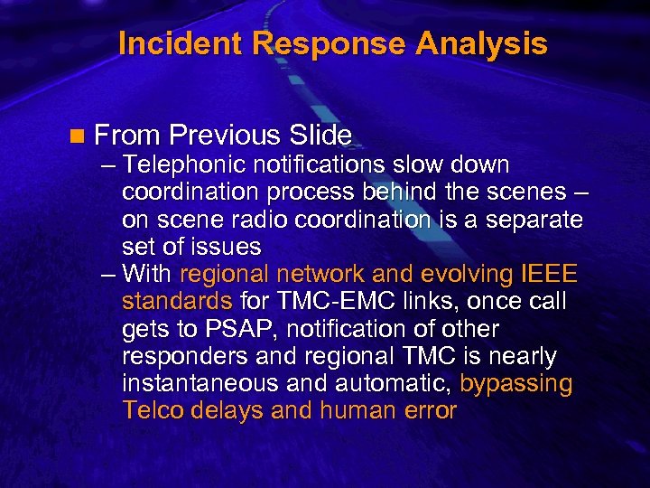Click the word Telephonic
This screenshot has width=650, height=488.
tap(186, 165)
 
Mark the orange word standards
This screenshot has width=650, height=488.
tap(177, 302)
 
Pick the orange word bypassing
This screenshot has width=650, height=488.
tap(515, 383)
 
